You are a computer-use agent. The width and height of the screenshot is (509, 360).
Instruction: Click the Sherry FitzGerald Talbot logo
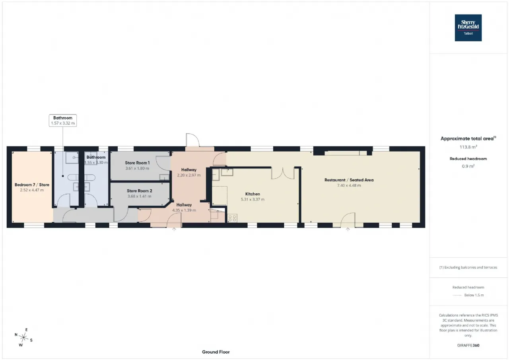[x=468, y=28]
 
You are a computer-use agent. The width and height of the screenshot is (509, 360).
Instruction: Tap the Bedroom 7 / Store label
[x=32, y=185]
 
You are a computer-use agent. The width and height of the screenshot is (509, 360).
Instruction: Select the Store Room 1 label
[x=137, y=163]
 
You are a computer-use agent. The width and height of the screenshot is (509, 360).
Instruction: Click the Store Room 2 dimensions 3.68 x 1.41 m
[x=139, y=196]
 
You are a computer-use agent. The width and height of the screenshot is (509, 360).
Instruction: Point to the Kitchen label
[x=253, y=194]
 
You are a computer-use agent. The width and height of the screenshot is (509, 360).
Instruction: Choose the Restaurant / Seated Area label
[x=349, y=180]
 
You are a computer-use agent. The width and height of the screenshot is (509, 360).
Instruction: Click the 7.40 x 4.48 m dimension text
[x=349, y=185]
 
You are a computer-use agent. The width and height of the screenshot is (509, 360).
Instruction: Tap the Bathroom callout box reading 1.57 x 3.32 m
[x=63, y=121]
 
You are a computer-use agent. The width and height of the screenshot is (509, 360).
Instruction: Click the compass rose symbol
[x=23, y=337]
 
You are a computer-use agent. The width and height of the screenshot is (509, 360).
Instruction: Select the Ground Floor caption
[x=216, y=352]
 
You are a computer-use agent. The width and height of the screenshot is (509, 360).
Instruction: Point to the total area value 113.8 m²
[x=468, y=147]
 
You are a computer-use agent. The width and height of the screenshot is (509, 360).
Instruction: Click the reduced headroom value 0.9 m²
[x=468, y=166]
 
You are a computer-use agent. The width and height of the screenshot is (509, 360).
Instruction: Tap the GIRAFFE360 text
[x=468, y=345]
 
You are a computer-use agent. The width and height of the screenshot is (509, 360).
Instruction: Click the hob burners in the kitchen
[x=232, y=218]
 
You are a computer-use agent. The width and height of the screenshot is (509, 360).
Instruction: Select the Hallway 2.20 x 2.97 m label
[x=189, y=172]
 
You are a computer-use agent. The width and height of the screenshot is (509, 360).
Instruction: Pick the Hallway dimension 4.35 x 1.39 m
[x=184, y=210]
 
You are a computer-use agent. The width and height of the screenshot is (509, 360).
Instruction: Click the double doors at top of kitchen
[x=283, y=173]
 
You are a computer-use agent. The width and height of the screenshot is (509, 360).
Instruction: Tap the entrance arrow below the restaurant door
[x=348, y=230]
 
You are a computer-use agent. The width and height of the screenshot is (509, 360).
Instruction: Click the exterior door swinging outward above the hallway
[x=193, y=140]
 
